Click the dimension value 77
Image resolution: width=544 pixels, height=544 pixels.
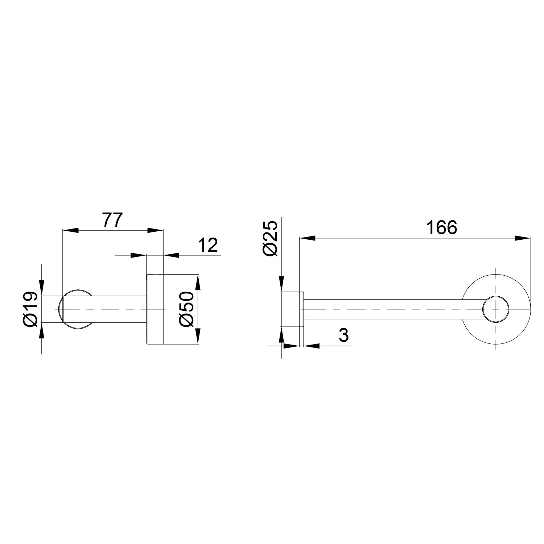(113, 220)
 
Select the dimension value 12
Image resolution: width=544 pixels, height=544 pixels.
(208, 246)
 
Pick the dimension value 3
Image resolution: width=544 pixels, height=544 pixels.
(343, 336)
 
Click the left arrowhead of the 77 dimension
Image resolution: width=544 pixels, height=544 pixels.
(70, 230)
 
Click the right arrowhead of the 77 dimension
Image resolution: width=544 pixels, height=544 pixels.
(155, 230)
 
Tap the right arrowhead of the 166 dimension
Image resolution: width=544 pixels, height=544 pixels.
(523, 238)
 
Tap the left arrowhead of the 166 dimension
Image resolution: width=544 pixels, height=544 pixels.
(307, 238)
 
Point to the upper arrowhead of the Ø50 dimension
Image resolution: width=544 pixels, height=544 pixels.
(198, 281)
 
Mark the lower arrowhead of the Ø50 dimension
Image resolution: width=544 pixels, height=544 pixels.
(198, 337)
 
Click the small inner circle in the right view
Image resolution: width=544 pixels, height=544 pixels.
(496, 309)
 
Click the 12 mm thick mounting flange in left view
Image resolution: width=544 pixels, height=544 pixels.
(155, 309)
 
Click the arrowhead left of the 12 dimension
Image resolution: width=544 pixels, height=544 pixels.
(139, 255)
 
